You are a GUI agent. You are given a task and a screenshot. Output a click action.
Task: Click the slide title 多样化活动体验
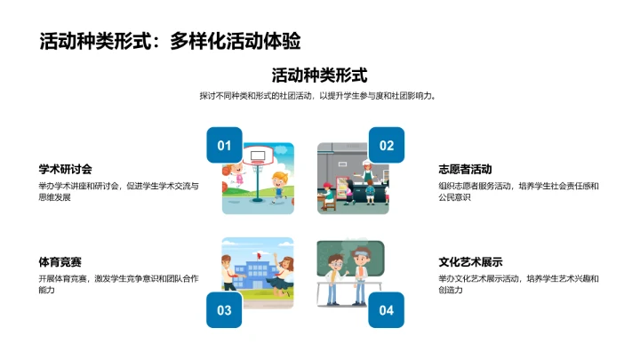point(170,41)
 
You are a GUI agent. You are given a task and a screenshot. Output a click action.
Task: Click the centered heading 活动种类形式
point(319,76)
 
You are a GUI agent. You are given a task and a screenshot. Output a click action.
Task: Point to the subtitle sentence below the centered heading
point(319,96)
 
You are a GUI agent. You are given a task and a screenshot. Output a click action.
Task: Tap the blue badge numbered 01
point(224,146)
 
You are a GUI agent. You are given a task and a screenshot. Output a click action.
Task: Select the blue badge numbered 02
point(387,146)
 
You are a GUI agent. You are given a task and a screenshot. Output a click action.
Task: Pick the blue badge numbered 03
point(224,310)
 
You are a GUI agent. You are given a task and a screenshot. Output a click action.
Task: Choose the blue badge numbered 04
point(387,310)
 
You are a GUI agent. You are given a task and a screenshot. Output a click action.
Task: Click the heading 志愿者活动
point(465,169)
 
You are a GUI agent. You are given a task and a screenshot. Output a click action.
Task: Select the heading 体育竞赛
point(60,262)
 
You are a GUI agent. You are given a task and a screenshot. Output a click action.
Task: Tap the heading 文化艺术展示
point(471,262)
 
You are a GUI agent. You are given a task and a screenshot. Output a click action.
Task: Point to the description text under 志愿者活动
point(519,192)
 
